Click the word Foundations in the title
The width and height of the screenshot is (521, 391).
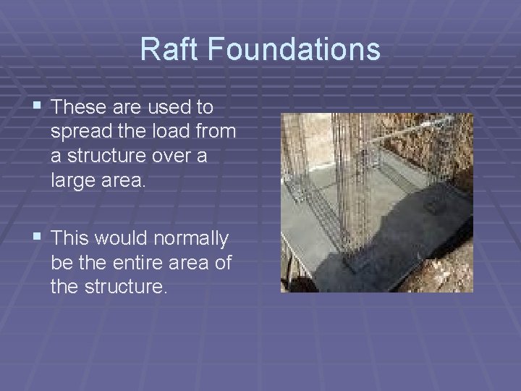click(x=295, y=49)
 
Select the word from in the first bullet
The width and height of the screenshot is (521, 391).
click(x=216, y=133)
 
